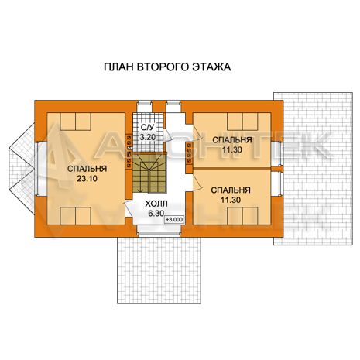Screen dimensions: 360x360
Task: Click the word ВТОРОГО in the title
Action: [163, 67]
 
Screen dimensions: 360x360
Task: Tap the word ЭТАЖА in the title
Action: [211, 67]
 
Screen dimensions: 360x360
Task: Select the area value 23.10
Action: [87, 179]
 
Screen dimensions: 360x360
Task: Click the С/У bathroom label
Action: [147, 127]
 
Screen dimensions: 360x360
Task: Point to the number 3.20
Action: [148, 137]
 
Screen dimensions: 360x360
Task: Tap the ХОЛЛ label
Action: [156, 204]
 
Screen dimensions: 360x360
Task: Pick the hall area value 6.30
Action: [156, 214]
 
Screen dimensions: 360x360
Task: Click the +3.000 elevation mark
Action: [174, 220]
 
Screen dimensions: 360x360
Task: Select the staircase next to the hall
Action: [149, 173]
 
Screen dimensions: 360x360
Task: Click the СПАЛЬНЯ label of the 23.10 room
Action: [87, 169]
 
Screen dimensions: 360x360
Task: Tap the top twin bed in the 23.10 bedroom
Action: [75, 122]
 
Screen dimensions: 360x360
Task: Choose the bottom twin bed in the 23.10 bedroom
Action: [75, 216]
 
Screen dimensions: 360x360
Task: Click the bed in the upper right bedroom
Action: [242, 122]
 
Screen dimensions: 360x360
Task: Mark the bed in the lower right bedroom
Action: [242, 216]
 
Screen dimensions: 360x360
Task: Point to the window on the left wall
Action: [37, 169]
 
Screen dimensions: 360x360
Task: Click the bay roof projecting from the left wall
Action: [22, 170]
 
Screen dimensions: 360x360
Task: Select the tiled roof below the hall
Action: [159, 270]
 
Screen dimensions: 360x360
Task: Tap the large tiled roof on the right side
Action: [313, 169]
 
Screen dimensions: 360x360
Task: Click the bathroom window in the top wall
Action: [144, 106]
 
